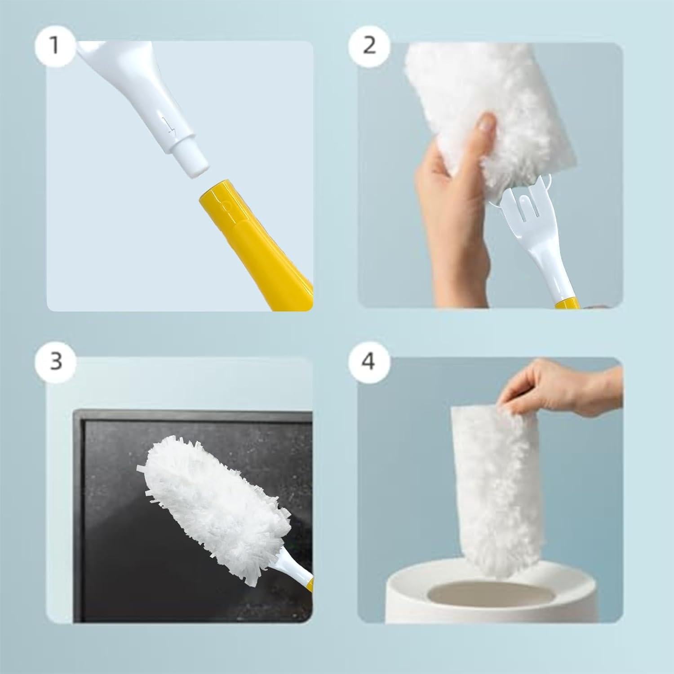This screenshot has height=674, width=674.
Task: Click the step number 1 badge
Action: [55, 45]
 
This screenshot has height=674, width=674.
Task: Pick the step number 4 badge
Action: [368, 361]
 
